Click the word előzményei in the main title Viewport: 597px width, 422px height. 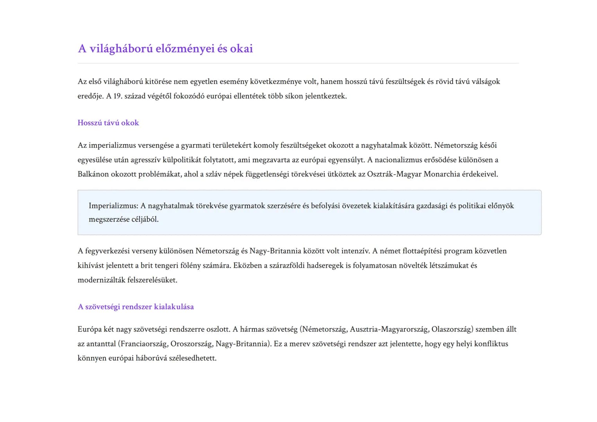point(185,49)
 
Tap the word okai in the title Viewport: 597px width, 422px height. point(241,49)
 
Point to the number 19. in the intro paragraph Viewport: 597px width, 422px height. point(118,96)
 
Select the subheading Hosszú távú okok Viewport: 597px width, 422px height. point(108,123)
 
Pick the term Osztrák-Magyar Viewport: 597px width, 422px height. point(394,174)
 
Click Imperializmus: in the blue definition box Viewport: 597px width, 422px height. point(113,206)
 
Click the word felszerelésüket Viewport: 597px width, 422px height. point(152,280)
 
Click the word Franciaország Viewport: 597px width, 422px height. point(144,344)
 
